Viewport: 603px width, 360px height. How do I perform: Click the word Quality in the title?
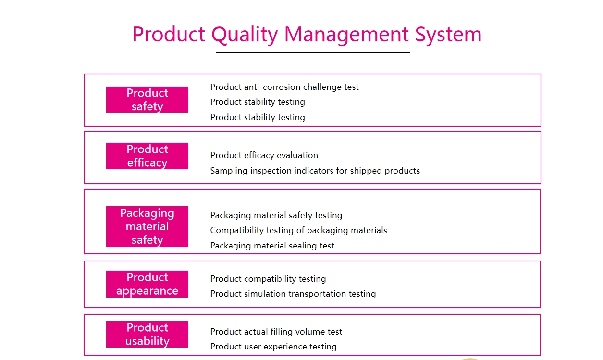245,35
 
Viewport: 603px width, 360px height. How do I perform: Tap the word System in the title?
448,35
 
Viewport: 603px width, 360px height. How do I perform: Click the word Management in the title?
346,35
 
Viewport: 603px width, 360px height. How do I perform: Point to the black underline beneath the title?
313,52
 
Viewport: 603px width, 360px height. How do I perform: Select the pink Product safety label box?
147,99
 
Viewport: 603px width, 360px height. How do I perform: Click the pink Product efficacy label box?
147,156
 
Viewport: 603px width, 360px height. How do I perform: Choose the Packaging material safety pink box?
147,226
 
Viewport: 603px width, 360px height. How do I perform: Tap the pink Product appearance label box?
147,284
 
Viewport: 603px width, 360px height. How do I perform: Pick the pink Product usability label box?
147,334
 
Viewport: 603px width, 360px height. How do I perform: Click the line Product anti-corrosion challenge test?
284,87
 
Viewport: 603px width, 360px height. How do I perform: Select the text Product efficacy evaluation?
264,155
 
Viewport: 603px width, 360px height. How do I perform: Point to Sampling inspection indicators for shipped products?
315,171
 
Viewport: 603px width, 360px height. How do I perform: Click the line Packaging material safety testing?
276,215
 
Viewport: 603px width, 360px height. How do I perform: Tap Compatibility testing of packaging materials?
298,231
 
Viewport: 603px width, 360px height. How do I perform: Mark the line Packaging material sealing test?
272,246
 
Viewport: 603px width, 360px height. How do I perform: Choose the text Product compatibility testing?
268,279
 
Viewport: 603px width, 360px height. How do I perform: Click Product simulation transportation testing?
293,294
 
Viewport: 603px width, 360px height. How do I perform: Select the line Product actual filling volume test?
276,332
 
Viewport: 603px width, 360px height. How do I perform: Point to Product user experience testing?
273,347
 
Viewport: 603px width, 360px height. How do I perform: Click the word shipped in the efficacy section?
366,171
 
